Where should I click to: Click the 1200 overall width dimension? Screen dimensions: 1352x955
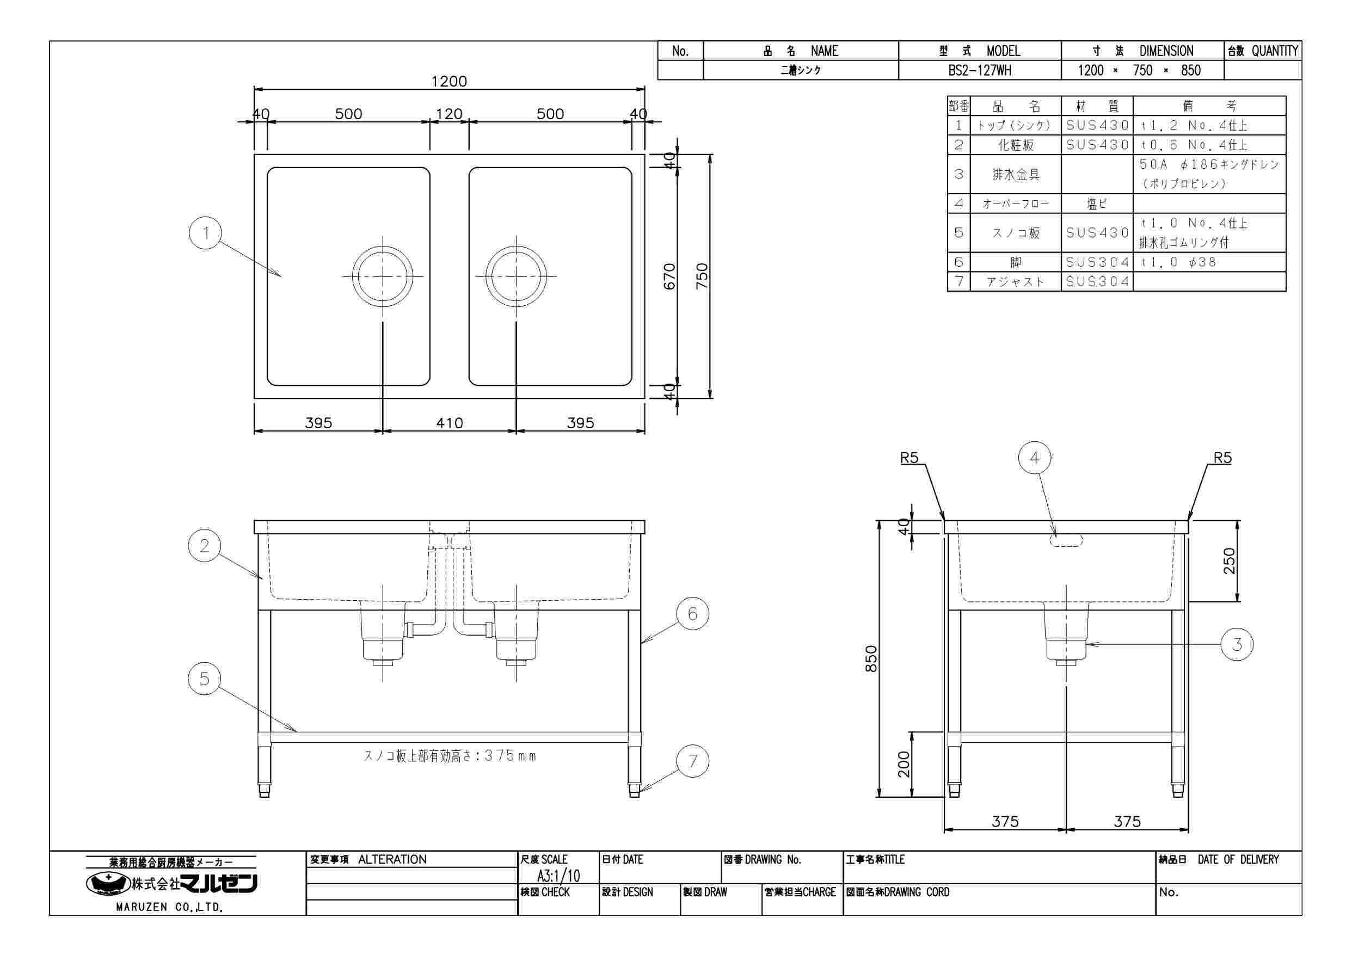448,81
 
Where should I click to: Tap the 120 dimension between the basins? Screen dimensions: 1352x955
448,114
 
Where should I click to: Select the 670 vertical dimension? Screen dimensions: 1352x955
669,276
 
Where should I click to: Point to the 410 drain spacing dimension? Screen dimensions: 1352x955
449,423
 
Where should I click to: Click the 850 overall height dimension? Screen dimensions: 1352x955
871,658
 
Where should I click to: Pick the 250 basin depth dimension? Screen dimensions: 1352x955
1229,561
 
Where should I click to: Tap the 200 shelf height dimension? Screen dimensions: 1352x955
904,764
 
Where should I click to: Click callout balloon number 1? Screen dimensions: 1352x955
206,233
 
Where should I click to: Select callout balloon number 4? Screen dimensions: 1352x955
1035,458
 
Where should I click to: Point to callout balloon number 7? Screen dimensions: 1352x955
692,761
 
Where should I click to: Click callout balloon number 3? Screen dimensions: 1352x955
1237,644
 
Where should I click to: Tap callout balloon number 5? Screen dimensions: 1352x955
204,679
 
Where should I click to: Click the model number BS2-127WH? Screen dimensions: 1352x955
980,71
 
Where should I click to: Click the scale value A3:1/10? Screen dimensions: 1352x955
558,876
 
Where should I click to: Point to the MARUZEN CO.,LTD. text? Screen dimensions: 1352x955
170,907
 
